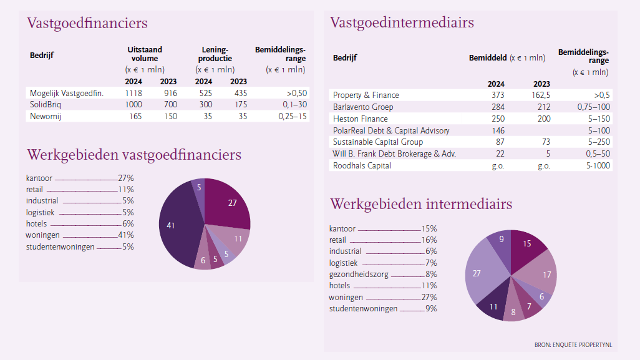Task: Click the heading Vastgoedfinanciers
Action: (87, 23)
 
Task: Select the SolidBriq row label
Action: (46, 104)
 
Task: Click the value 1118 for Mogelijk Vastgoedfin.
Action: (133, 93)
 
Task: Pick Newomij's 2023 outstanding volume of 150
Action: (170, 116)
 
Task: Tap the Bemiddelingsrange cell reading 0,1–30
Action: (294, 104)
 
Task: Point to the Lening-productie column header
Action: (215, 54)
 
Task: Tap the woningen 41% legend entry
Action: (80, 235)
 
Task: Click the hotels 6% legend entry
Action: (80, 223)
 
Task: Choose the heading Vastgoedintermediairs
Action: (402, 22)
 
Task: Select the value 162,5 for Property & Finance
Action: (541, 95)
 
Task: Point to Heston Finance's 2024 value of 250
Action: (498, 119)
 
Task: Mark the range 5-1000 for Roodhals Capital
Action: (598, 166)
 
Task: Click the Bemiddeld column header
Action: (488, 58)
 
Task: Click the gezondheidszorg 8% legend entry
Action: (383, 275)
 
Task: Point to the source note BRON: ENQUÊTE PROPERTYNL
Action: (573, 345)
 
